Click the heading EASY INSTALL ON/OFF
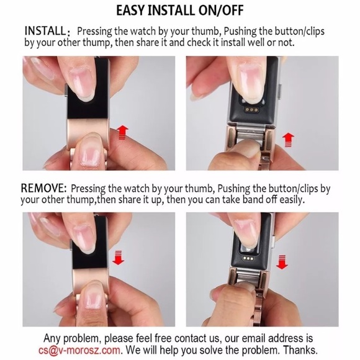point(180,11)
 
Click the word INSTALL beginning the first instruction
point(45,30)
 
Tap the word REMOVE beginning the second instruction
point(43,188)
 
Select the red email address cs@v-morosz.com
point(79,350)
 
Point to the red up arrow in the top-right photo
point(288,140)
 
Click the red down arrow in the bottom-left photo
point(118,258)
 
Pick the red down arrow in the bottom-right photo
point(282,262)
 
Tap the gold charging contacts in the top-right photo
point(251,110)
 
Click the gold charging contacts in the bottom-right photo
point(249,259)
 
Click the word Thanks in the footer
point(300,350)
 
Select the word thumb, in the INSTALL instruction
point(207,31)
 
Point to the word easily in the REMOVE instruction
point(292,199)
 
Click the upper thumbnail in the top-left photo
point(84,83)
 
